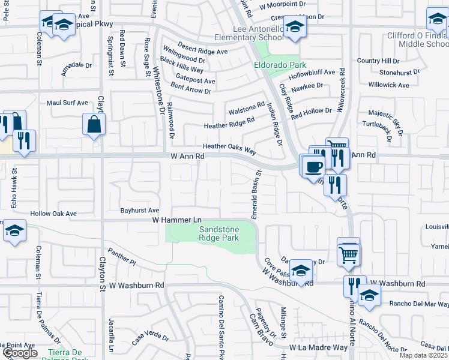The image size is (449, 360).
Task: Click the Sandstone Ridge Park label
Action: (x=219, y=233)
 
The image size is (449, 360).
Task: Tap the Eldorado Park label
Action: (x=280, y=65)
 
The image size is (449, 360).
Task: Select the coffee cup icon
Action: (x=313, y=166)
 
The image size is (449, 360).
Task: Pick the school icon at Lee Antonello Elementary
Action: (x=294, y=27)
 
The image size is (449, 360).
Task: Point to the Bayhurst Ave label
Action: (x=139, y=211)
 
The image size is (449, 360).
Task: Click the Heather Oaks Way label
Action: (x=229, y=146)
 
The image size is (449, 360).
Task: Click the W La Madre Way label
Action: (x=318, y=347)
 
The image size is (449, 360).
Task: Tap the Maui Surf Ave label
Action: (x=67, y=103)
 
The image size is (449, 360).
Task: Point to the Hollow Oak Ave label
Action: (x=54, y=213)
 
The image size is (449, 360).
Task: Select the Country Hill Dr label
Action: (x=378, y=61)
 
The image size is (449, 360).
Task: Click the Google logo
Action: (x=19, y=353)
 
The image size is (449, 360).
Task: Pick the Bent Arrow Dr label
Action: (x=191, y=91)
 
